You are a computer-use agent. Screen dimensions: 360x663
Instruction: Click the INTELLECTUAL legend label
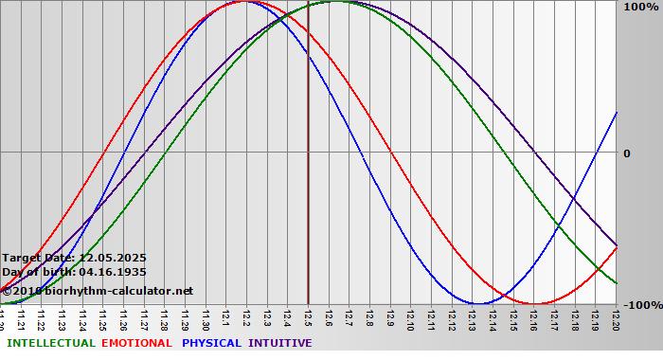coord(50,343)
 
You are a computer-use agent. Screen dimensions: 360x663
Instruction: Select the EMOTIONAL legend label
coord(136,343)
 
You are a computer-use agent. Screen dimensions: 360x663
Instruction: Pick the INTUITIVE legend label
coord(280,343)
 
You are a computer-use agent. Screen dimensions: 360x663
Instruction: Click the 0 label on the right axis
coord(626,153)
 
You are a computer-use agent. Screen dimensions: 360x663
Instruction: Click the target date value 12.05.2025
coord(113,258)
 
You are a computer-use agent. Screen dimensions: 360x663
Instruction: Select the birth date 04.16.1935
coord(106,272)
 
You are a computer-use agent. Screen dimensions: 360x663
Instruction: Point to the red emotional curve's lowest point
coord(536,304)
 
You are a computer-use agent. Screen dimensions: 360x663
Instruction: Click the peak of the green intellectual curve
coord(335,1)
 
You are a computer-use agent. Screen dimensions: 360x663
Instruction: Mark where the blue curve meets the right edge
coord(617,112)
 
